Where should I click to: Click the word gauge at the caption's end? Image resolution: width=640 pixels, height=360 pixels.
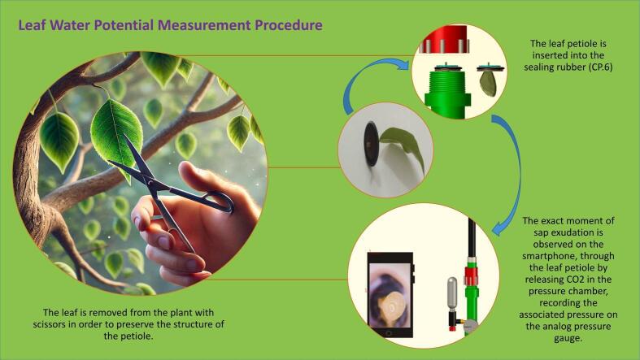coord(568,339)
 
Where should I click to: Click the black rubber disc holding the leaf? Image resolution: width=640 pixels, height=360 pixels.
coord(371,144)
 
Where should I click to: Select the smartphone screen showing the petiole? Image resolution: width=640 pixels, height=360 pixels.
coord(389,293)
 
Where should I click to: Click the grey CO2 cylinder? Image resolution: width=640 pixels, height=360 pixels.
coord(452,294)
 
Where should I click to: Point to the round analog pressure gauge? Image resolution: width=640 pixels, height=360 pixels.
coord(471,326)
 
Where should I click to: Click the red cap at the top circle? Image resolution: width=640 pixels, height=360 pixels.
coord(444,38)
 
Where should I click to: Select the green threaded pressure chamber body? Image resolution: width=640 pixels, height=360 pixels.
coord(448,93)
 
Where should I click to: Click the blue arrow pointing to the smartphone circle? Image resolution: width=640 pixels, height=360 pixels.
coord(513,171)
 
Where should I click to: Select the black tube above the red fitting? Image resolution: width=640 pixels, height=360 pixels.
coord(471,237)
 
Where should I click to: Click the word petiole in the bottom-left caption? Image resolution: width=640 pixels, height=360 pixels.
coord(140,336)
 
